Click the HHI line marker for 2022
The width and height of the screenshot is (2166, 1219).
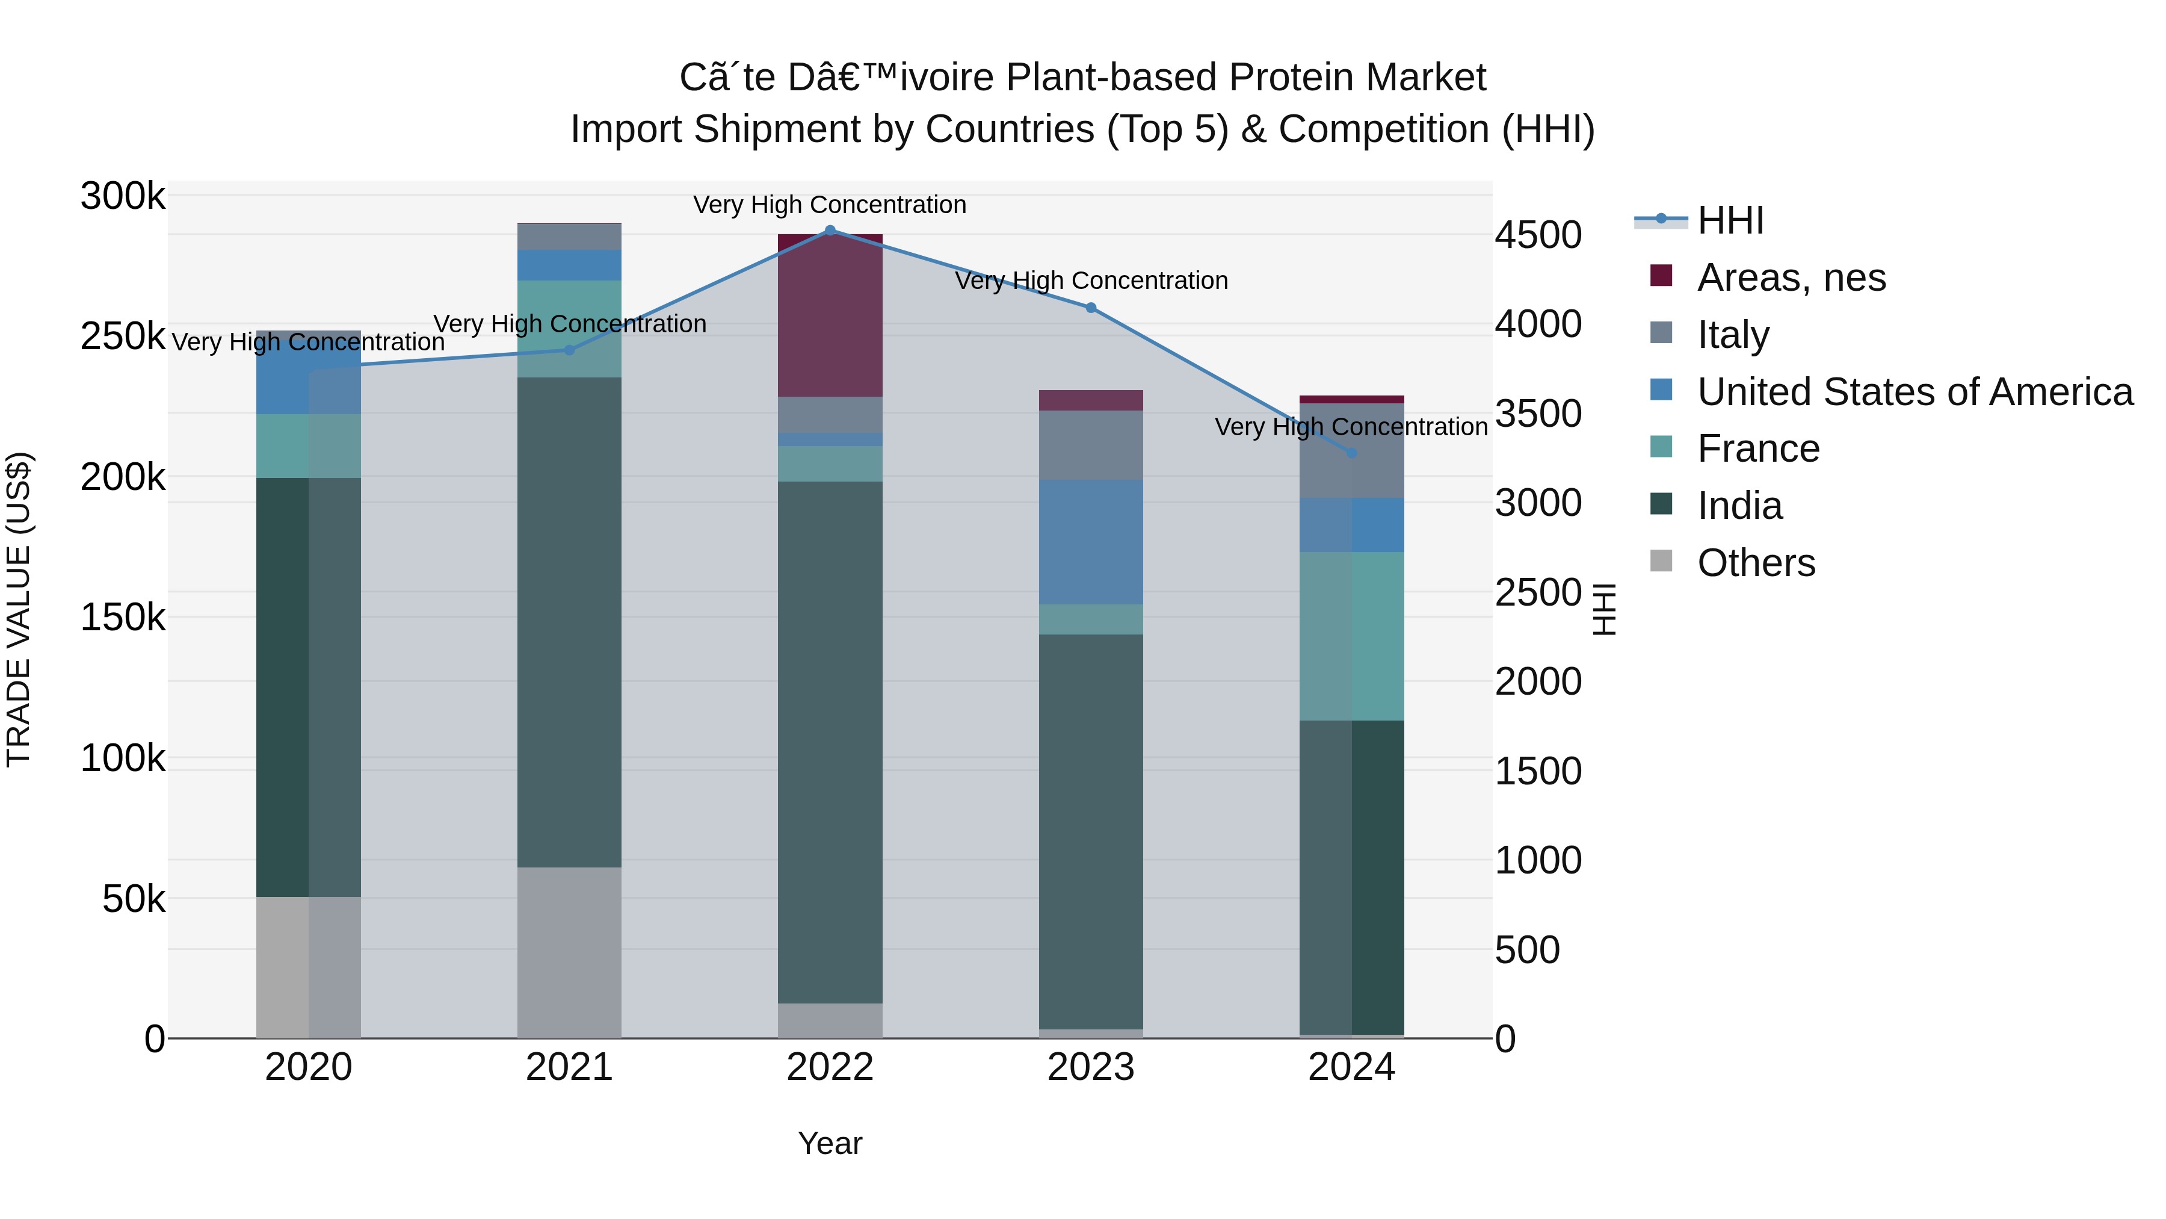830,231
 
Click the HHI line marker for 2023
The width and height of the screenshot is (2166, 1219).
1091,308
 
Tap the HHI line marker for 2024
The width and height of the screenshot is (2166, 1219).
1351,453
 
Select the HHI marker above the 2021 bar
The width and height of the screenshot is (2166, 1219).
569,350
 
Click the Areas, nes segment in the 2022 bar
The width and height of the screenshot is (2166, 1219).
830,315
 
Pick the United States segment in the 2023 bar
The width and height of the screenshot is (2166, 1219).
1091,542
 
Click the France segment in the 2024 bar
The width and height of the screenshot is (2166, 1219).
1351,636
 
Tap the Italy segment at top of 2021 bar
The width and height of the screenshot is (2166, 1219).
569,237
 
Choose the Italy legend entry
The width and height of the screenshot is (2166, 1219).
1733,335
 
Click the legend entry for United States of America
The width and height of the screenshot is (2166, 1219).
1915,392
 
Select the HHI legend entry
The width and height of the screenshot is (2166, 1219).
1730,220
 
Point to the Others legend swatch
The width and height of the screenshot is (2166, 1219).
1661,561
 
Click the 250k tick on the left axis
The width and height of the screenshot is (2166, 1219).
123,337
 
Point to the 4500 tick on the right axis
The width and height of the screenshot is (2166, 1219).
1538,235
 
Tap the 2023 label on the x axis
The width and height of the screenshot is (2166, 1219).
1091,1067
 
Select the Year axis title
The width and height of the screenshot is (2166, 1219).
830,1143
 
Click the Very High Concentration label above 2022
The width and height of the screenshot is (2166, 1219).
830,205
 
